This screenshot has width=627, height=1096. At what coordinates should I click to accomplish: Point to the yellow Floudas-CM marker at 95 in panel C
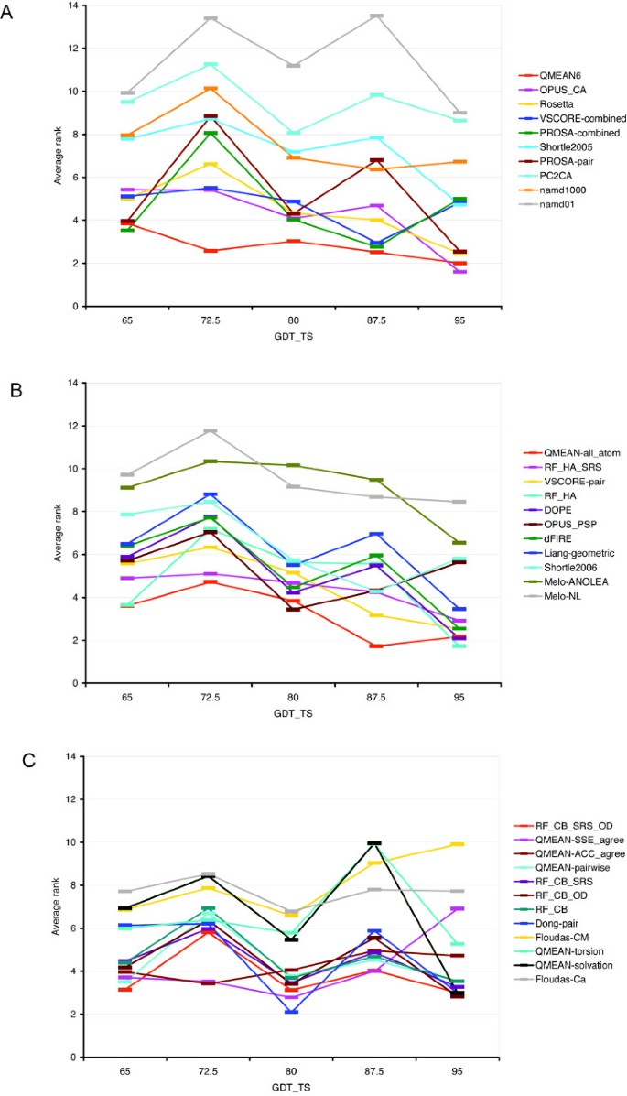click(459, 844)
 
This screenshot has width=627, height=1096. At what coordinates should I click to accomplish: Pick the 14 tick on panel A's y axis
click(71, 5)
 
